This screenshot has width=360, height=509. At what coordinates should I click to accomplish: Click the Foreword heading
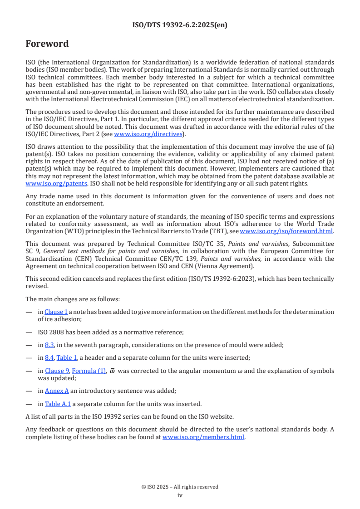[47, 44]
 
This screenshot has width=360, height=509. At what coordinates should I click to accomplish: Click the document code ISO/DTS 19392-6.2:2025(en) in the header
[180, 25]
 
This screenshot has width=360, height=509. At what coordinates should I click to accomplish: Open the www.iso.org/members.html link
[203, 437]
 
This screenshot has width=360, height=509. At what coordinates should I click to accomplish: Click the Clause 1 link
[56, 312]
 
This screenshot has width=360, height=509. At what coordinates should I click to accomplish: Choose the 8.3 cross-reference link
[49, 345]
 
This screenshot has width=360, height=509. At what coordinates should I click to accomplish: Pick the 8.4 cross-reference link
[49, 358]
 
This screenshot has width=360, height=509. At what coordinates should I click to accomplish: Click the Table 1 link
[66, 358]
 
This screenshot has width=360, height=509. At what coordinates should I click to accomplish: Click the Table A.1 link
[58, 404]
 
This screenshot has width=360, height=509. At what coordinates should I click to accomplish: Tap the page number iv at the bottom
[180, 495]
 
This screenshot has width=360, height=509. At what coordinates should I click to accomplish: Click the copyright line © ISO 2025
[180, 487]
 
